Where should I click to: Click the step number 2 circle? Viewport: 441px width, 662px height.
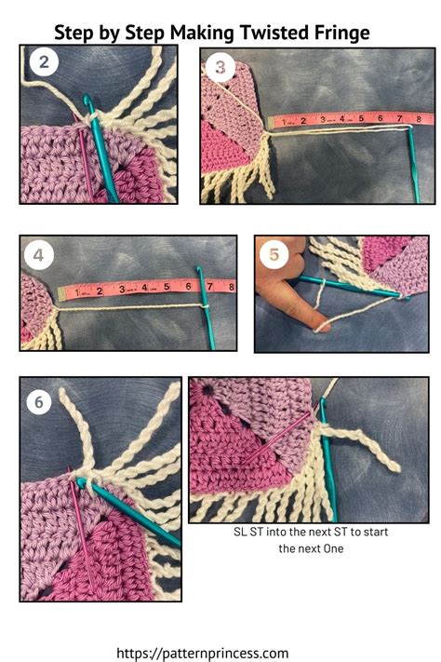tap(45, 64)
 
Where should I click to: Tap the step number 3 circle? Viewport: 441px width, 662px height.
tap(220, 67)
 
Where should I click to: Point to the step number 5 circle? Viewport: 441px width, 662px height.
tap(274, 253)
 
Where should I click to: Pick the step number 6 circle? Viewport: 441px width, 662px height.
tap(38, 401)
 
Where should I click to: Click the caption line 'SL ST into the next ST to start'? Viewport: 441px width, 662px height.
tap(311, 532)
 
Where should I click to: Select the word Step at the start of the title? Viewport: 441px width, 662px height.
tap(73, 33)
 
